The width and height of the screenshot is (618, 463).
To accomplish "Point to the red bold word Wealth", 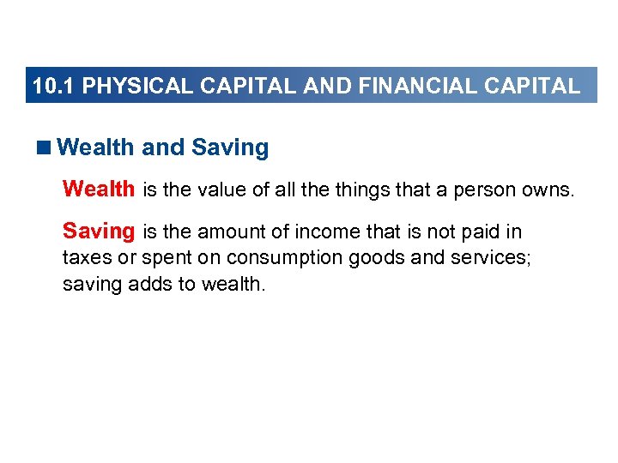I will (99, 189).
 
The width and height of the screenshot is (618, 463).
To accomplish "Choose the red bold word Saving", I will (99, 231).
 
